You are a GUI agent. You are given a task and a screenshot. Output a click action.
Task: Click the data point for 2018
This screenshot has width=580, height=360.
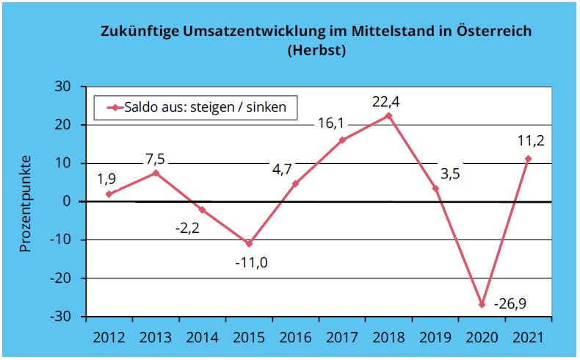click(388, 116)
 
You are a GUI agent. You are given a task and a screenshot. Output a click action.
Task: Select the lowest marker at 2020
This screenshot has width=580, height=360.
click(482, 304)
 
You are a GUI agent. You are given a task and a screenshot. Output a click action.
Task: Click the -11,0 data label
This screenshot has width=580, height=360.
click(251, 262)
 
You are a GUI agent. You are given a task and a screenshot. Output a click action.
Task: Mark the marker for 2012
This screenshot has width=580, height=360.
click(109, 194)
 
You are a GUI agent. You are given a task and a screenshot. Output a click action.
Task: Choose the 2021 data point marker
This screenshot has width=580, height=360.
click(528, 159)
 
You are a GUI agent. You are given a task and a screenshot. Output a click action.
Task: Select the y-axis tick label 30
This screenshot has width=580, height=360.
click(62, 87)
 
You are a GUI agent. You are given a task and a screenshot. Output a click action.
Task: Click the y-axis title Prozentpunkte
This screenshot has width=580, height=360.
click(25, 203)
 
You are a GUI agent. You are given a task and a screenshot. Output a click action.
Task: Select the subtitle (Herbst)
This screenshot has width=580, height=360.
click(316, 51)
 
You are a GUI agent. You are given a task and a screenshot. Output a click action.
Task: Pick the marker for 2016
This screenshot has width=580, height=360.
click(295, 184)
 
